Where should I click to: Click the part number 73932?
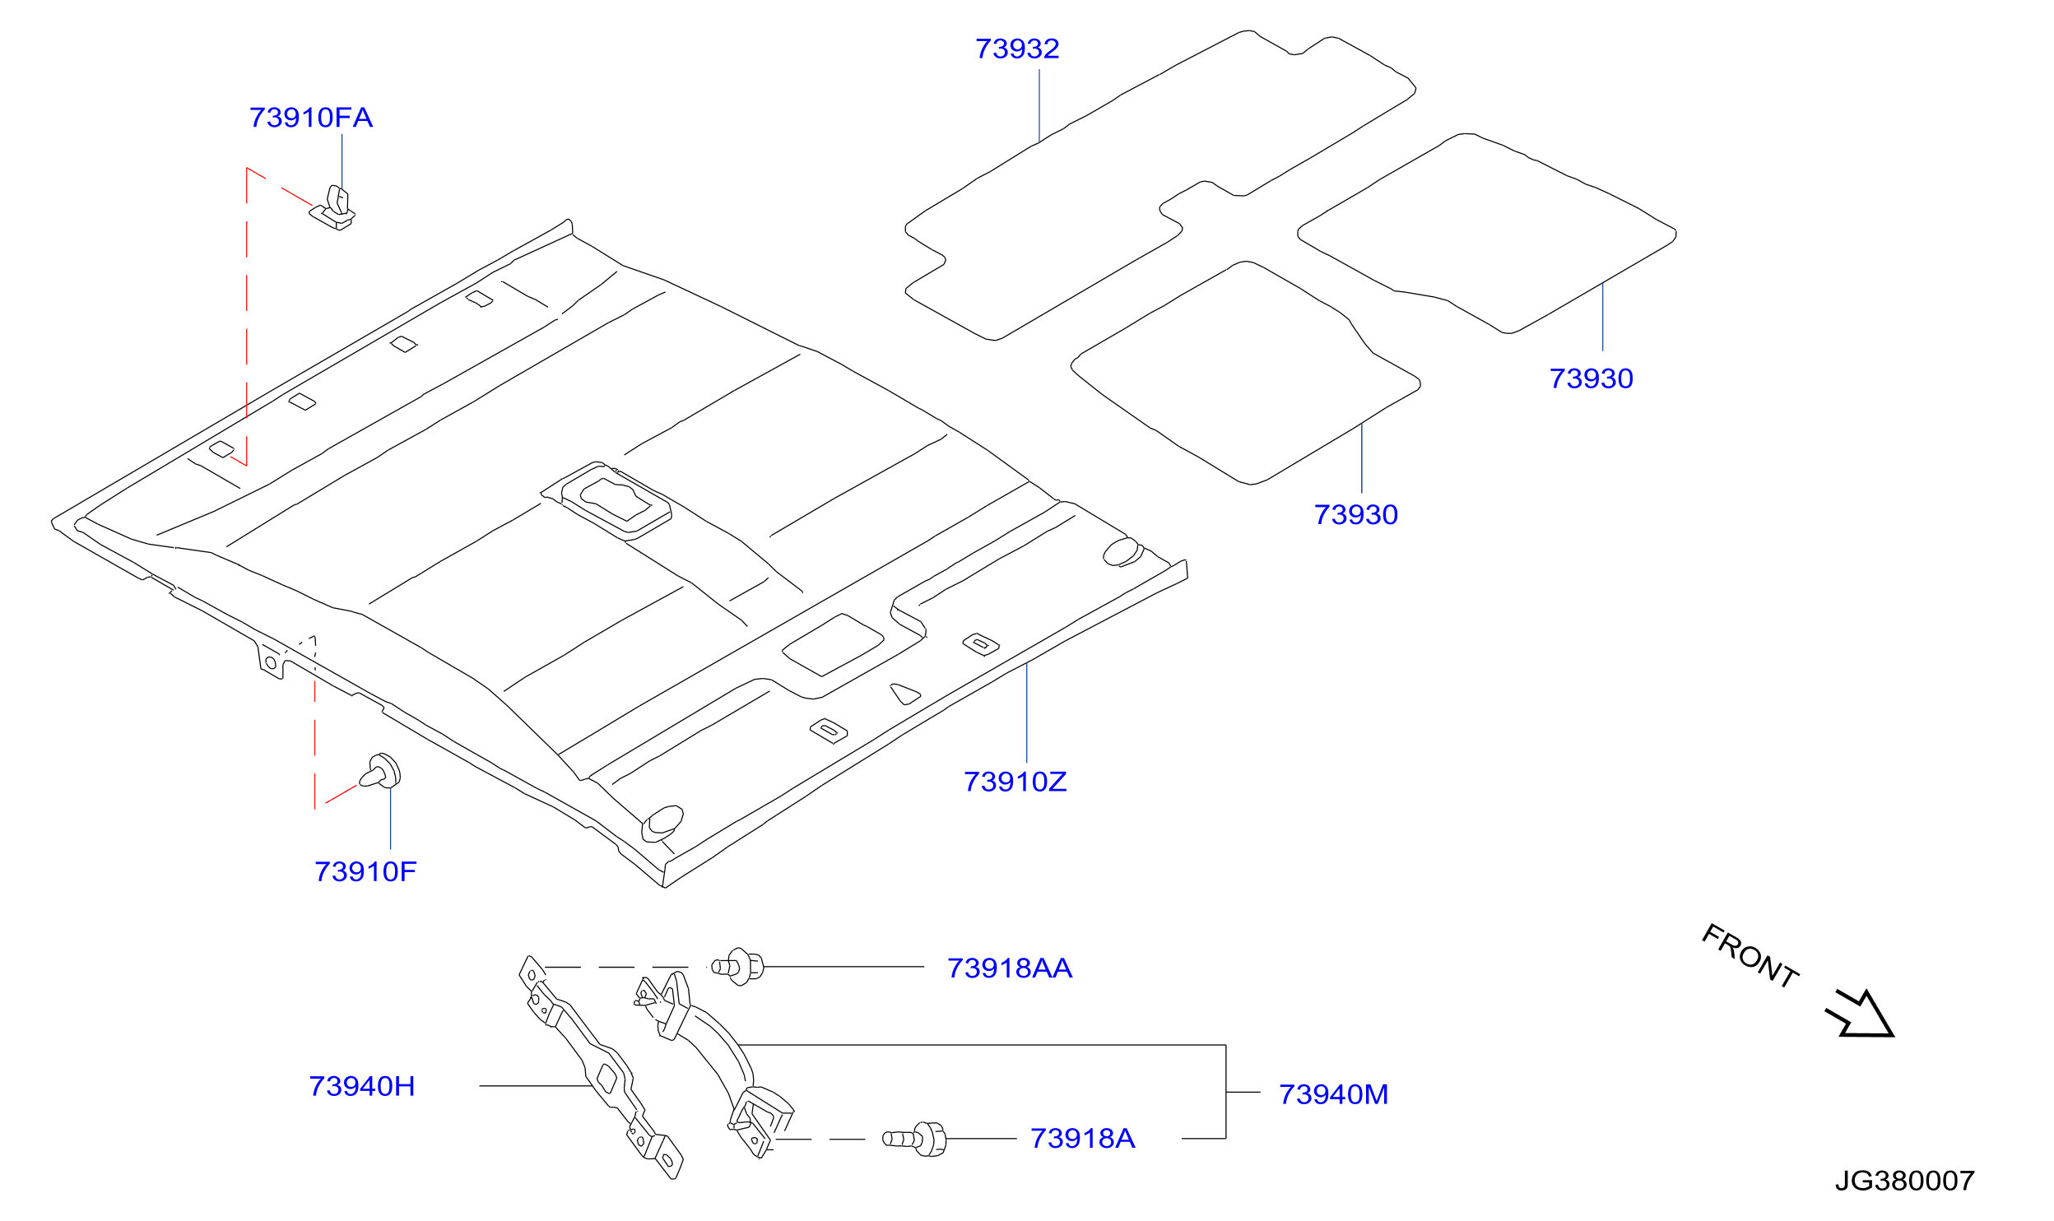(x=1017, y=49)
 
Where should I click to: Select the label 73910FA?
(x=311, y=118)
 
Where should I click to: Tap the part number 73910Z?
(x=1015, y=782)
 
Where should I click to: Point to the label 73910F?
(x=365, y=871)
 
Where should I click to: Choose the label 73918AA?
(x=1010, y=968)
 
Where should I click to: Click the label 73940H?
(x=362, y=1086)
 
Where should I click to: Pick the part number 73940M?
(x=1333, y=1094)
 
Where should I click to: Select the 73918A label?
(x=1083, y=1138)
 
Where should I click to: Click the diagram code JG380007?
(x=1905, y=1181)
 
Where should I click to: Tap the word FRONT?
(x=1750, y=955)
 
